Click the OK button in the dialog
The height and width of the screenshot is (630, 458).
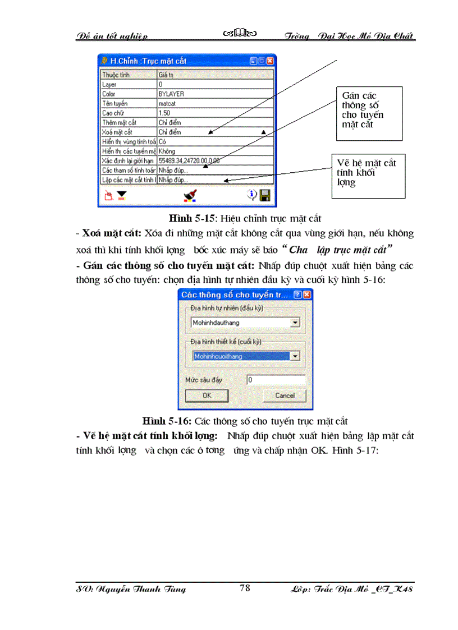point(207,396)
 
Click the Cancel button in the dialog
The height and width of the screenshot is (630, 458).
point(285,396)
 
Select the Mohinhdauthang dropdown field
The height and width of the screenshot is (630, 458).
point(245,323)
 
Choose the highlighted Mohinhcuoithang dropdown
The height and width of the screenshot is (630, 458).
point(245,356)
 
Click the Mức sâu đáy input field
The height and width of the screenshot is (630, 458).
point(276,380)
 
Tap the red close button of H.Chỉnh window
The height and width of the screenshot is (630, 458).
point(270,61)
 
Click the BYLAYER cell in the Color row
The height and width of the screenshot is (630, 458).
point(216,94)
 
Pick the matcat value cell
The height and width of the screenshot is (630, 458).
point(216,103)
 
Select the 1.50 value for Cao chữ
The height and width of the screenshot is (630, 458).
point(216,113)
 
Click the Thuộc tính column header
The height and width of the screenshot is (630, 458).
point(129,74)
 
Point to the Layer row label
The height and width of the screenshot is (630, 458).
point(129,84)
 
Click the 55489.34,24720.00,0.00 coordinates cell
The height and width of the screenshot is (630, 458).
point(216,160)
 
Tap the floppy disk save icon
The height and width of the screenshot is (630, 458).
point(265,195)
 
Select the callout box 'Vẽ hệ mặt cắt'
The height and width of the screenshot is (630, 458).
point(368,176)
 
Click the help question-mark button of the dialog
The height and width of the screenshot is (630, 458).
point(298,295)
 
